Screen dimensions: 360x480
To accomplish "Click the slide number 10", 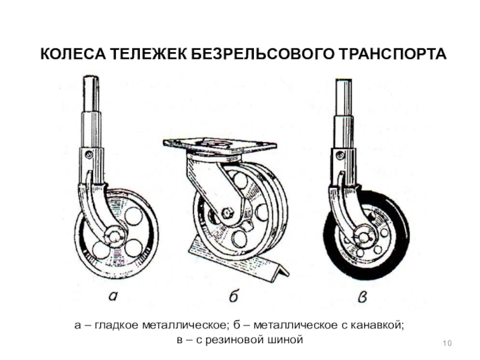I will tap(446, 343).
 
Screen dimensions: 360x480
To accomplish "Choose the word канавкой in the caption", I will tap(376, 325).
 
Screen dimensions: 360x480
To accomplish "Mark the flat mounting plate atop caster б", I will tap(220, 145).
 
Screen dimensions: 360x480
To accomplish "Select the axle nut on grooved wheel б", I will tap(227, 213).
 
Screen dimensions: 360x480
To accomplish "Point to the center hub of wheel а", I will tap(113, 235).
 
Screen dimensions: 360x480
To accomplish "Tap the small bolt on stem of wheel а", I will tap(88, 155).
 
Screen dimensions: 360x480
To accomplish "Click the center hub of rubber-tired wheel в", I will tap(362, 236).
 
